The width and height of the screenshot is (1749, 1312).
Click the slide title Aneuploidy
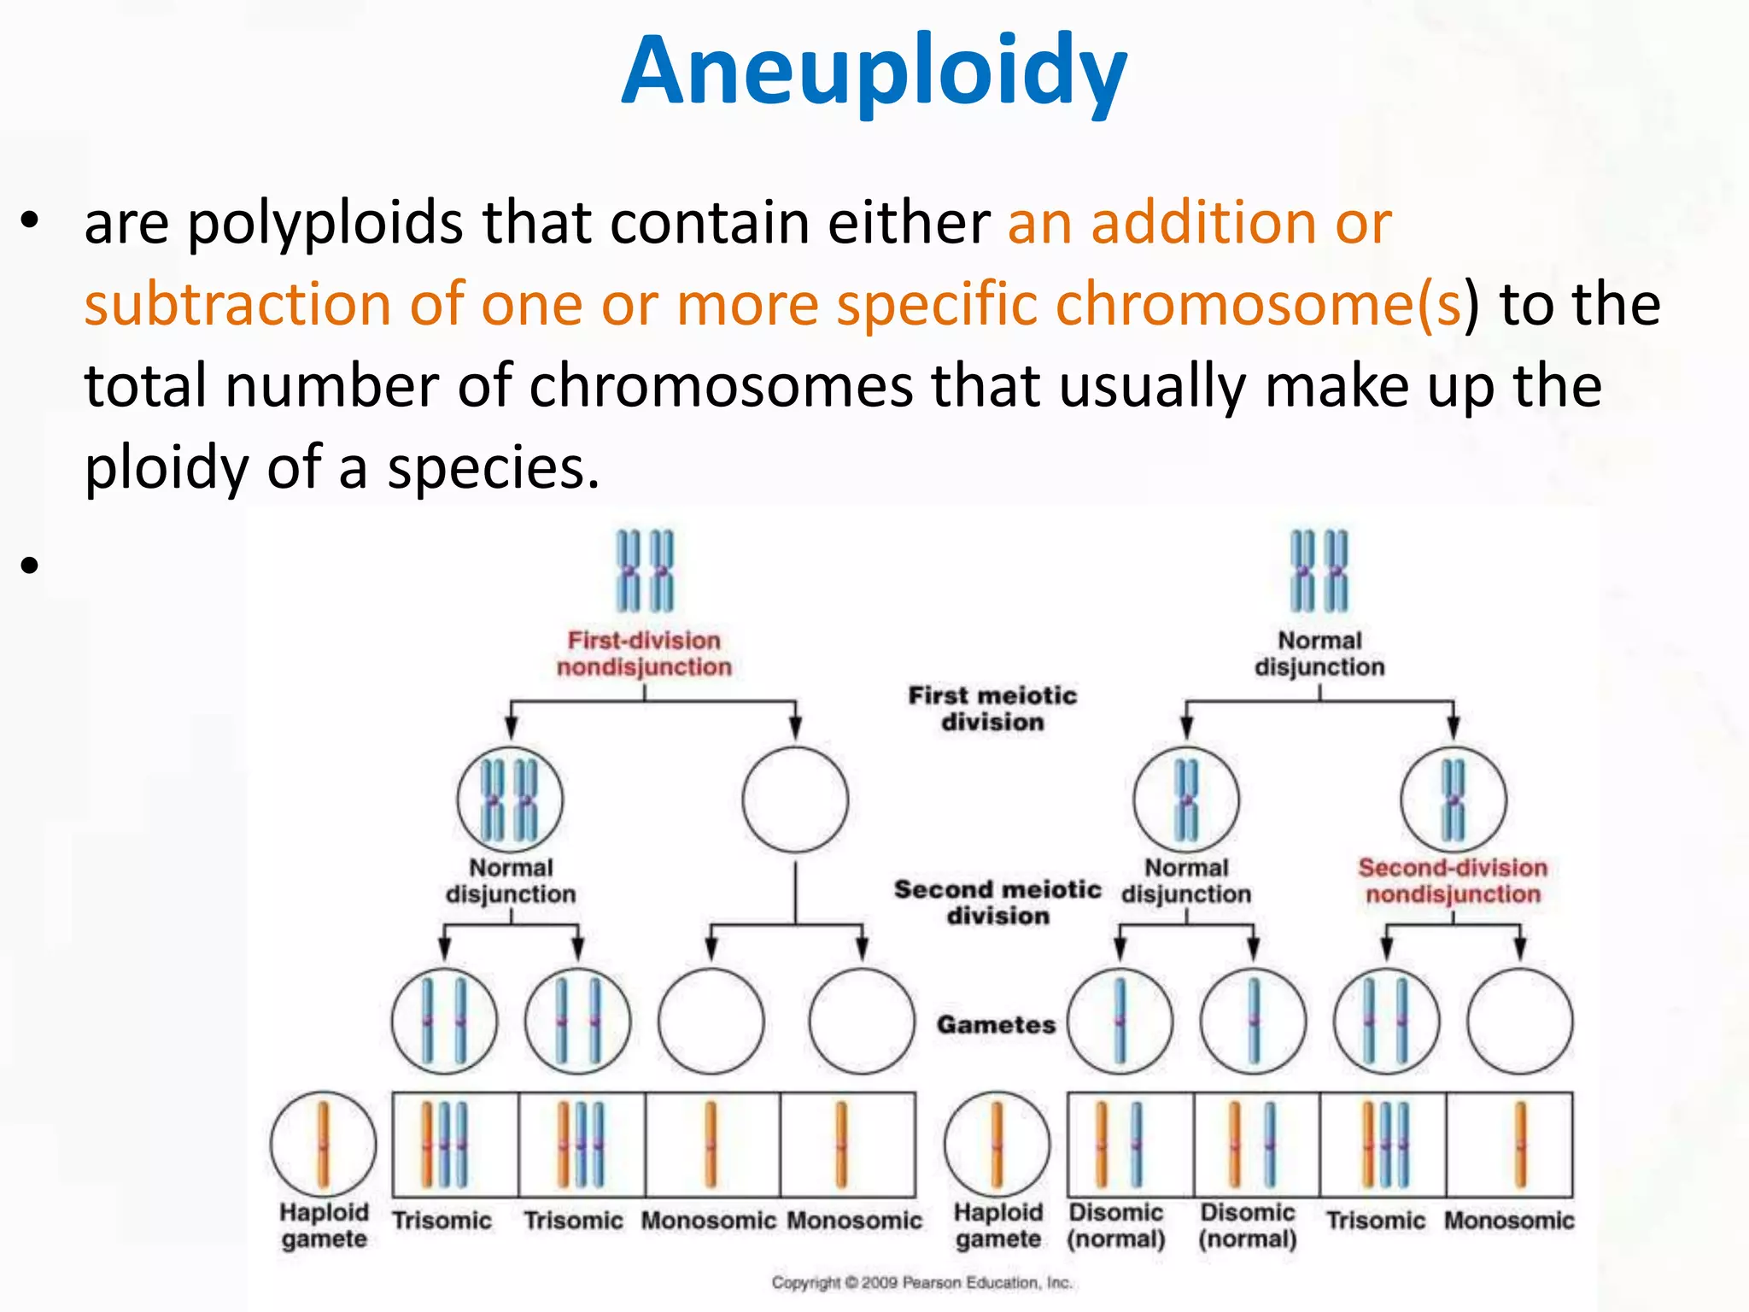click(874, 73)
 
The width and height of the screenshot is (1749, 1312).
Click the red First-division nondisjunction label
click(645, 653)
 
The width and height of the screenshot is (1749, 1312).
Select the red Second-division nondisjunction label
click(1453, 881)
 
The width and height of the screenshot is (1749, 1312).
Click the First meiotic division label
click(992, 708)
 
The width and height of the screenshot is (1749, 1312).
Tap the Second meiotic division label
click(997, 902)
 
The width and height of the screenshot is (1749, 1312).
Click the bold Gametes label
click(996, 1024)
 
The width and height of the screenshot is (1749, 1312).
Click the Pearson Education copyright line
click(921, 1282)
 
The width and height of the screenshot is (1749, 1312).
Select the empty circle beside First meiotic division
click(795, 799)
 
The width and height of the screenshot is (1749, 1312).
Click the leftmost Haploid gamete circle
click(323, 1144)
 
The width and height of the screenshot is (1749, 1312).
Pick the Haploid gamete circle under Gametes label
click(997, 1144)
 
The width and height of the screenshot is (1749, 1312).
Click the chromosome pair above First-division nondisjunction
click(645, 571)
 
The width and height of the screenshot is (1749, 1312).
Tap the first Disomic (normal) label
click(1116, 1225)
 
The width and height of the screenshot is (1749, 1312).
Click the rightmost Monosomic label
click(1509, 1221)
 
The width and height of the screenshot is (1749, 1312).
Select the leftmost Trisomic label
click(442, 1221)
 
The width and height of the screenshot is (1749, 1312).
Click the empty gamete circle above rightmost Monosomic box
click(1519, 1021)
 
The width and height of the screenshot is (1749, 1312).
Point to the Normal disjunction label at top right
click(1319, 653)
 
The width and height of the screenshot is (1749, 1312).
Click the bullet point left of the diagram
click(31, 565)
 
